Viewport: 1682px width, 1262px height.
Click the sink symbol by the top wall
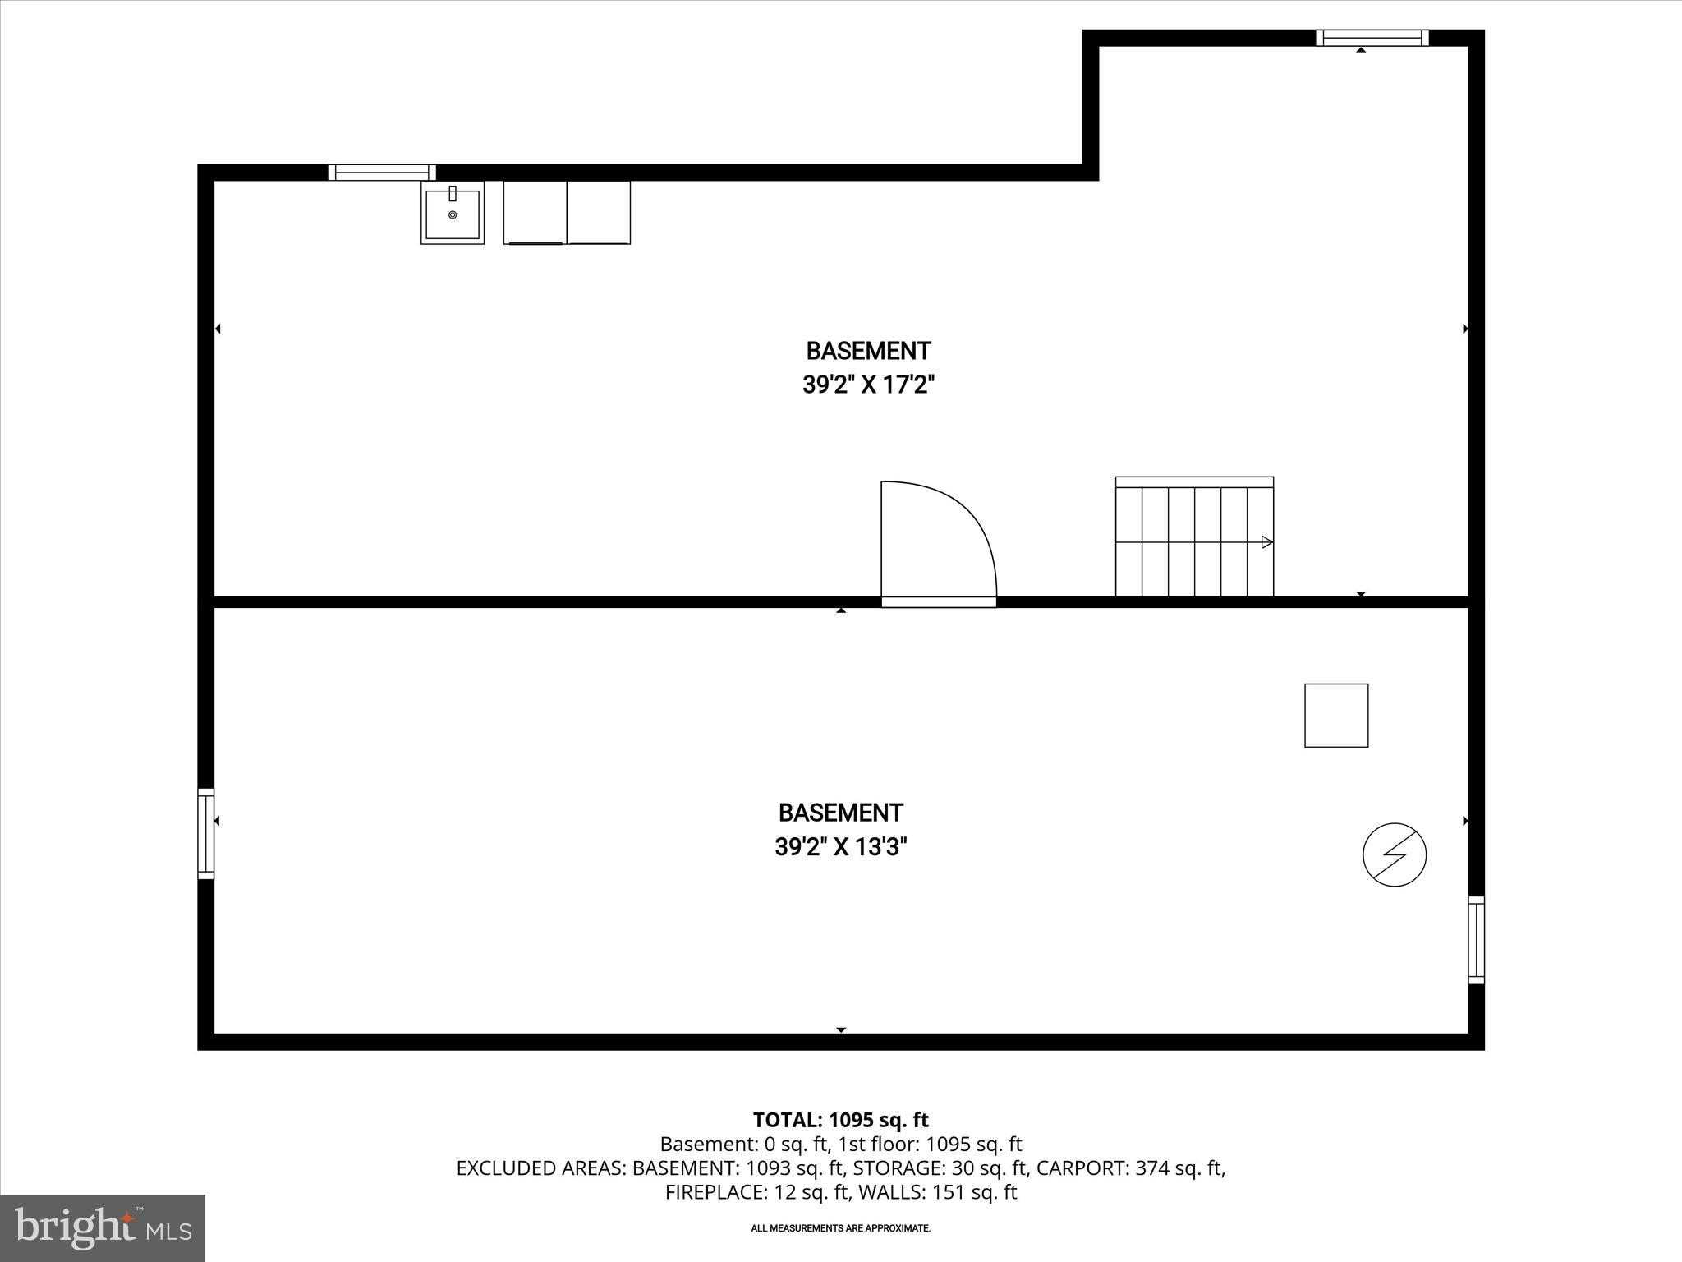coord(453,213)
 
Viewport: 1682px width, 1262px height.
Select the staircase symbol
coord(1194,537)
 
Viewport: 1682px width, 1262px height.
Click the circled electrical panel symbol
coord(1395,854)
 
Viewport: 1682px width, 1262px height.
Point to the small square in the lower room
coord(1336,716)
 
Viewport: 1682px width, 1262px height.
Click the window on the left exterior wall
coord(206,833)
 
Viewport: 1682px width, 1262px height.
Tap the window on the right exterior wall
coord(1476,940)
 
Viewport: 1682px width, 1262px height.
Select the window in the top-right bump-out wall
coord(1372,38)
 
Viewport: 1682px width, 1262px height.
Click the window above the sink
coord(382,172)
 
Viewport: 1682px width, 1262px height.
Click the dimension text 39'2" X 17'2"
coord(869,385)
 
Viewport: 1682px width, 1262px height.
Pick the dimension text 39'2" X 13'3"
coord(841,846)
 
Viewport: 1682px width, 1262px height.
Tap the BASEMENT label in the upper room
coord(868,351)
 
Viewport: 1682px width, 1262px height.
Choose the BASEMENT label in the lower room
coord(840,813)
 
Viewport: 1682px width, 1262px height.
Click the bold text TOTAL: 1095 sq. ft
coord(840,1120)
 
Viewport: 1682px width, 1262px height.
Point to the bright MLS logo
coord(103,1228)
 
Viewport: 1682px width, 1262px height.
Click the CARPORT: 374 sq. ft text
coord(1130,1168)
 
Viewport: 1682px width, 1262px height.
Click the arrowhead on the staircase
coord(1267,542)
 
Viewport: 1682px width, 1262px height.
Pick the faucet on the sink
coord(453,194)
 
